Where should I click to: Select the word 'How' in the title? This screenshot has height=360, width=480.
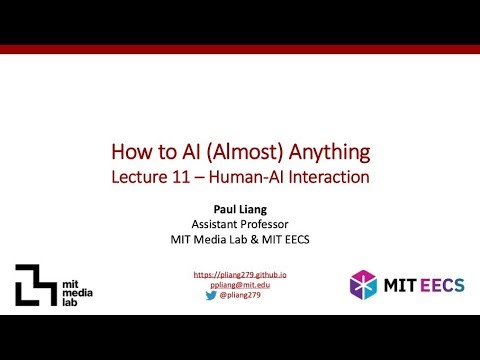point(130,152)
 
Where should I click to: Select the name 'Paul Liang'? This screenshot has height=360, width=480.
point(239,210)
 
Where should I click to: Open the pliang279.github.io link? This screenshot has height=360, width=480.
point(239,274)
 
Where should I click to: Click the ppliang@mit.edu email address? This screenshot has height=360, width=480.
point(239,284)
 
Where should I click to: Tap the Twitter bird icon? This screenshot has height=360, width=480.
point(212,296)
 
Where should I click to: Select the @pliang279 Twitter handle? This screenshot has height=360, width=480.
point(245,296)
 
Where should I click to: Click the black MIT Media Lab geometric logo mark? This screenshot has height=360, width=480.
point(36,285)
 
